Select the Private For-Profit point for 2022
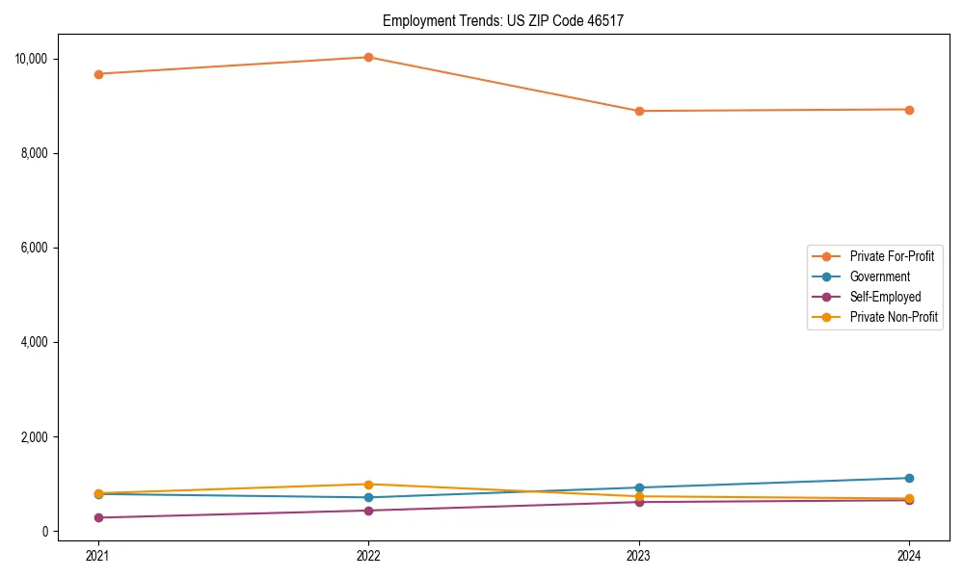368,57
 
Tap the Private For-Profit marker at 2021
97,74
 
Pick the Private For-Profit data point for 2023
639,111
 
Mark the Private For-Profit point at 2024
909,110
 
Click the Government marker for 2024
909,478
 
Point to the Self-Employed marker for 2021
97,517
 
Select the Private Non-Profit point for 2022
368,485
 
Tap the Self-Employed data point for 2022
368,511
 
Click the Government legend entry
879,276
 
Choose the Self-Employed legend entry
885,297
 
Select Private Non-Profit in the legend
894,317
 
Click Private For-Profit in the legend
892,256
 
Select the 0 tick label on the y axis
44,532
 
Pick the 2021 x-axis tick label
97,555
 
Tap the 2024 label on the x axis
909,555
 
